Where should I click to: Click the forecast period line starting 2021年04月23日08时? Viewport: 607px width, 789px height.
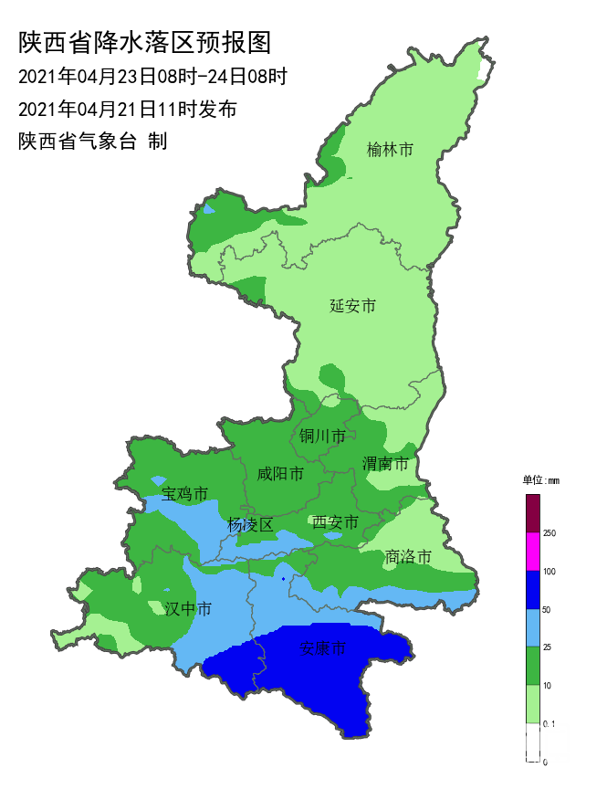click(x=152, y=76)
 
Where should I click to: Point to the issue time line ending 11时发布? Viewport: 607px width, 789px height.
click(x=127, y=110)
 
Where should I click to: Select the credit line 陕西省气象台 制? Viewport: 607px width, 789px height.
click(x=92, y=142)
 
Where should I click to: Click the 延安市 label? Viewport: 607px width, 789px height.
click(x=352, y=306)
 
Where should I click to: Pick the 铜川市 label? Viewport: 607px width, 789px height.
click(x=322, y=437)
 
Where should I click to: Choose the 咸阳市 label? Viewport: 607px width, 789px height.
click(x=279, y=474)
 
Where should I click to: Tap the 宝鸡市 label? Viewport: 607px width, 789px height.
click(x=184, y=495)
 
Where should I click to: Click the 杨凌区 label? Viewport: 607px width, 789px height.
click(x=250, y=525)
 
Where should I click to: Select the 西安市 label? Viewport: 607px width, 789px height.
click(x=335, y=522)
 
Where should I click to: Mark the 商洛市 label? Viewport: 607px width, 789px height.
click(x=408, y=556)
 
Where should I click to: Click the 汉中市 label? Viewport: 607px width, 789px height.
click(x=188, y=609)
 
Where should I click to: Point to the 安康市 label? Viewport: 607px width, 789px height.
click(x=323, y=649)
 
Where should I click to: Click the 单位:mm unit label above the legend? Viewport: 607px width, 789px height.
click(x=540, y=479)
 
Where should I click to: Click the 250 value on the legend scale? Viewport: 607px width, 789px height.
click(x=550, y=533)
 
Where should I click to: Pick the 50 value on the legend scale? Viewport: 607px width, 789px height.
click(x=548, y=609)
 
